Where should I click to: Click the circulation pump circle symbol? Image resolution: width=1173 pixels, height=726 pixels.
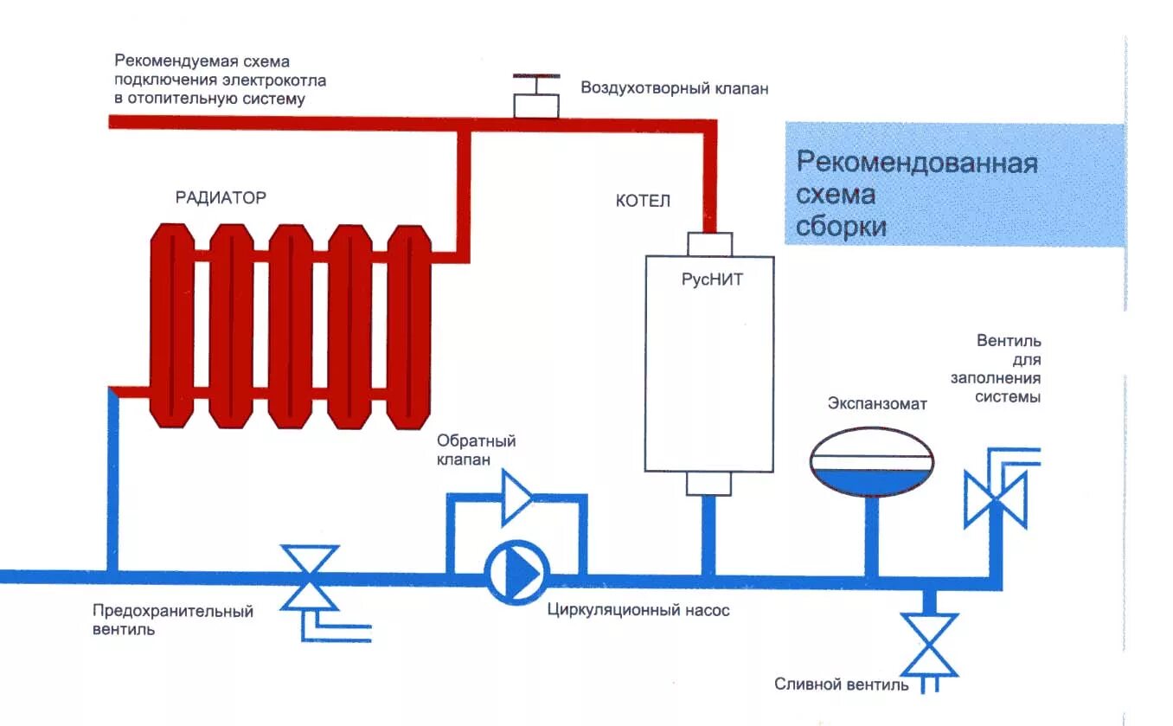(516, 572)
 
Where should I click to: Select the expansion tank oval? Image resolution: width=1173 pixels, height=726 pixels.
(871, 461)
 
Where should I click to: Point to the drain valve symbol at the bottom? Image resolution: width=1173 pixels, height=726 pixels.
(929, 644)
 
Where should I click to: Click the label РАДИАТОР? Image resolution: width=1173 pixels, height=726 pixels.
(221, 197)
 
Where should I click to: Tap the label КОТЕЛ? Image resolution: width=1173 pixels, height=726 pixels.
(643, 201)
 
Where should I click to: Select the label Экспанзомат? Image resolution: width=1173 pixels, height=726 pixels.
(877, 404)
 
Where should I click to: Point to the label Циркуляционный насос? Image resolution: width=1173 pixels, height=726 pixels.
(638, 610)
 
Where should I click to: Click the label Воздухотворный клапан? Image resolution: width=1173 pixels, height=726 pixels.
(674, 88)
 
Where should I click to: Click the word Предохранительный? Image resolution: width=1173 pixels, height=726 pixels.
(173, 611)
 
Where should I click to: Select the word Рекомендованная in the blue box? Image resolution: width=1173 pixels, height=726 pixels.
(916, 164)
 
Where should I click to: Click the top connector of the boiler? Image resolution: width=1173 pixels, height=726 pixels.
(709, 244)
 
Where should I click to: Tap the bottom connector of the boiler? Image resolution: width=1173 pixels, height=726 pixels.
(708, 483)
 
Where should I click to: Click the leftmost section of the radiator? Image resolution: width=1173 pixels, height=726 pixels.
(172, 324)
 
